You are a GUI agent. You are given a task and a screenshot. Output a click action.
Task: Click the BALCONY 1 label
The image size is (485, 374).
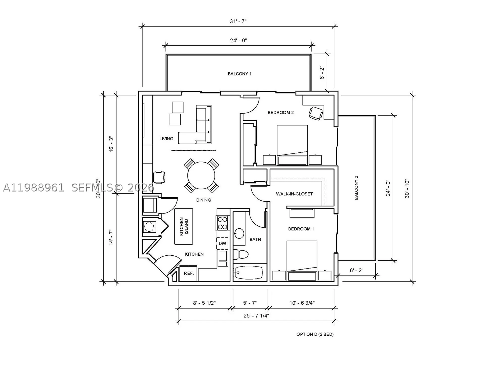point(239,74)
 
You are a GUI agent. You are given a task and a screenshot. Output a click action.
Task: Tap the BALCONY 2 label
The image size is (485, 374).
point(356,188)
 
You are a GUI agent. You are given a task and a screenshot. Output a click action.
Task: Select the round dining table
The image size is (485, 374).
point(201,175)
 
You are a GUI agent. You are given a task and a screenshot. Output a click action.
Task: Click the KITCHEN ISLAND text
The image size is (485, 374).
point(184,226)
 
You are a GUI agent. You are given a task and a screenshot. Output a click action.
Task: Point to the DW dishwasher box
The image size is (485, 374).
point(222,244)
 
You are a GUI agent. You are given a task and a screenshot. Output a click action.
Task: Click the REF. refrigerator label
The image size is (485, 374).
point(189,273)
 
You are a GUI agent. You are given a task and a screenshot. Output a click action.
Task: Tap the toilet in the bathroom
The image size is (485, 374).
point(241,254)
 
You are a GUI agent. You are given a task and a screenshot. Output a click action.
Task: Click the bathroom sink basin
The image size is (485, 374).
point(239,233)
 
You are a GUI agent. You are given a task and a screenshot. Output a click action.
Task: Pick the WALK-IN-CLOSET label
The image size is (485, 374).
point(294,194)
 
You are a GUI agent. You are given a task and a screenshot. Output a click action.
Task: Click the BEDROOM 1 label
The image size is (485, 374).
point(301,229)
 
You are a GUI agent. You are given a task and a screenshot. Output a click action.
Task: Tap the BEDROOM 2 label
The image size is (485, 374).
point(281,113)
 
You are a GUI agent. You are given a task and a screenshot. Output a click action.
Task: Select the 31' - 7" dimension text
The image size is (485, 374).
point(238,21)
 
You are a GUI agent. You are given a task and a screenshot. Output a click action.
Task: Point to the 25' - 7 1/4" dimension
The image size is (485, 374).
point(256,316)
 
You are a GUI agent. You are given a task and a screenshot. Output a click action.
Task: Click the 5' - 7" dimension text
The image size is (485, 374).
point(250,303)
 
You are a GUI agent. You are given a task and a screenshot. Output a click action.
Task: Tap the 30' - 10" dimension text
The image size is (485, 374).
point(407,189)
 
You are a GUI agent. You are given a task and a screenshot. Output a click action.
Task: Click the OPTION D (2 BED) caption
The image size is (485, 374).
point(315,334)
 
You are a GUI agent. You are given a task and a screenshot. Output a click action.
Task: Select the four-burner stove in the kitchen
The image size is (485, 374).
point(222,223)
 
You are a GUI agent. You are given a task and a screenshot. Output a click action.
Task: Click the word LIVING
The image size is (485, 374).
point(166,139)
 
